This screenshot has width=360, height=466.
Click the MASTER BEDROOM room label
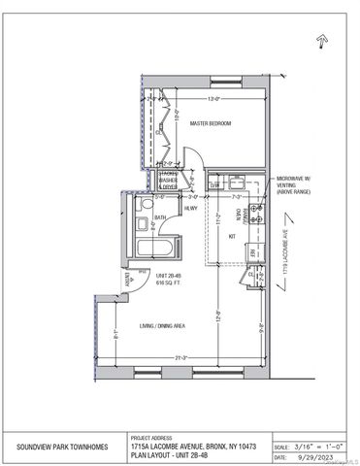pyautogui.click(x=210, y=123)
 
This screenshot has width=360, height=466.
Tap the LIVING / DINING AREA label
pyautogui.click(x=164, y=324)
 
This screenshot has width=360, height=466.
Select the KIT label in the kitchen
pyautogui.click(x=232, y=236)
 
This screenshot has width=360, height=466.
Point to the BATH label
pyautogui.click(x=160, y=217)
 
